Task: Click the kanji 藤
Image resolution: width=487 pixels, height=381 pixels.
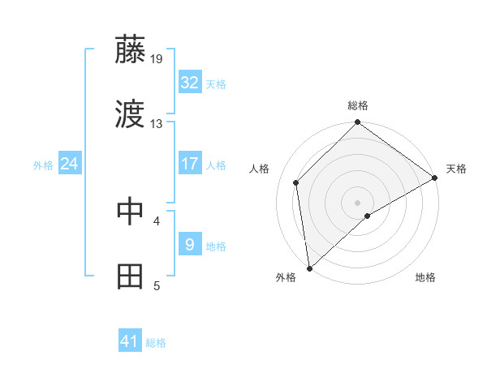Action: pos(131,50)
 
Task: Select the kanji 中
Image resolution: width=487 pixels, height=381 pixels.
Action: pos(131,211)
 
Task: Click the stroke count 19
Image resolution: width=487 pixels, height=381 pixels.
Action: pos(157,58)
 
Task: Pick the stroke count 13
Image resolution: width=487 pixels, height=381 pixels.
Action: pos(157,124)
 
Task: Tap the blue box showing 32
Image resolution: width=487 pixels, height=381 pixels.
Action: pos(190,83)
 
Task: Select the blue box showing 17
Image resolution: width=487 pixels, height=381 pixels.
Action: pos(190,164)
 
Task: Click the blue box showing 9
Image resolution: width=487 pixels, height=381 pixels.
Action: pos(190,245)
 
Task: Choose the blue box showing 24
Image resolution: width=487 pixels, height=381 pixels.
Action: pos(70,164)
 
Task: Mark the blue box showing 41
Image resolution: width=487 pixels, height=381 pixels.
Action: pos(130,342)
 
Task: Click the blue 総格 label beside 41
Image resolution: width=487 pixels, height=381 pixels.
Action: pos(156,343)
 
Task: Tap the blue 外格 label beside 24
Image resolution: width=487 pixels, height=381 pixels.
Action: pos(43,165)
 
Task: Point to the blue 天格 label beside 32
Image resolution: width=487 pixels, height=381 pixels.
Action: pos(216,83)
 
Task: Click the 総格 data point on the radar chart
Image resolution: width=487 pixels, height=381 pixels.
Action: pos(357,123)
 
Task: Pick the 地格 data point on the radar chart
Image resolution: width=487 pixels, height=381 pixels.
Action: pos(368,216)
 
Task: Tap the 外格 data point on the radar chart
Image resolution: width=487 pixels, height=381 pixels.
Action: pos(309,268)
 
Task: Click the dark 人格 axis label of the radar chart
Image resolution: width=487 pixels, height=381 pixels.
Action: pos(260,169)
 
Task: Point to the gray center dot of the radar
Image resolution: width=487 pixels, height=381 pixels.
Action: pos(357,202)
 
